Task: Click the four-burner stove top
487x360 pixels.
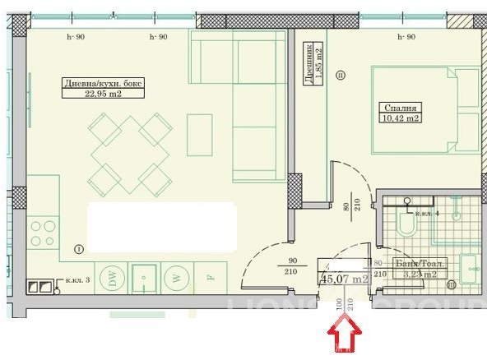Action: pyautogui.click(x=43, y=232)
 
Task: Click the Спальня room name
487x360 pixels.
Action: pyautogui.click(x=401, y=107)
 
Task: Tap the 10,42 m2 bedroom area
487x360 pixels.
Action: pyautogui.click(x=401, y=118)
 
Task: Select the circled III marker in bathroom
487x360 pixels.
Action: pyautogui.click(x=452, y=285)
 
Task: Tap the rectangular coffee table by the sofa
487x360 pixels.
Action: pyautogui.click(x=200, y=134)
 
